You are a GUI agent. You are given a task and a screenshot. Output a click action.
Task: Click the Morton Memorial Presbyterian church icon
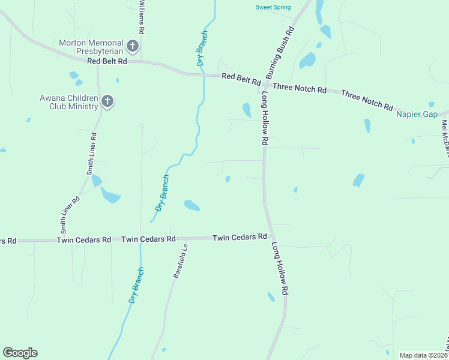[133, 46]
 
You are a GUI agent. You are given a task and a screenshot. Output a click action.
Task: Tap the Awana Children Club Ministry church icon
[107, 101]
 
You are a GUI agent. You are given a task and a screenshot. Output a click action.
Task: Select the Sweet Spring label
[273, 7]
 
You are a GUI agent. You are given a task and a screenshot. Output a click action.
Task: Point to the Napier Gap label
[417, 114]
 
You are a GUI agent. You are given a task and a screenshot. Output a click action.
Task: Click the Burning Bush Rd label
[280, 53]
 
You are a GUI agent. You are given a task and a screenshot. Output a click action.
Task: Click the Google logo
[20, 353]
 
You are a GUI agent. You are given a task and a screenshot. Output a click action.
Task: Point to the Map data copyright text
[423, 355]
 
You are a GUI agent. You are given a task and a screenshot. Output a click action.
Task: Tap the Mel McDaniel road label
[445, 139]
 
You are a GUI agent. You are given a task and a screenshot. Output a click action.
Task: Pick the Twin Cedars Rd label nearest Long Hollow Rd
[240, 238]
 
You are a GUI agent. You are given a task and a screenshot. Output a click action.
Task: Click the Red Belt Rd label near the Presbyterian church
[107, 61]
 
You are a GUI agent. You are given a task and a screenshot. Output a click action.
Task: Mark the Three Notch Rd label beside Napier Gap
[367, 99]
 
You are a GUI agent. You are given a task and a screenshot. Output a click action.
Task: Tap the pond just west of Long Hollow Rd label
[246, 110]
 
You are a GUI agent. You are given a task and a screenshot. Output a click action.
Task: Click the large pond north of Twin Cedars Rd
[191, 205]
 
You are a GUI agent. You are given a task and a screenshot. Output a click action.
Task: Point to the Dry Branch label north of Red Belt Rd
[202, 48]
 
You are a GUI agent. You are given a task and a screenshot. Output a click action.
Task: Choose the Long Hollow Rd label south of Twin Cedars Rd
[281, 269]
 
